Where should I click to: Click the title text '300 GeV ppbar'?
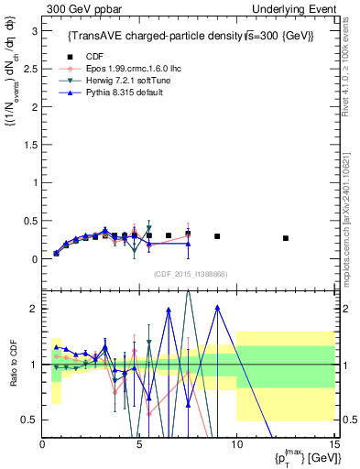coord(77,8)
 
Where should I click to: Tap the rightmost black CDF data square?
coord(286,238)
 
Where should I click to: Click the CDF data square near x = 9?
coord(217,236)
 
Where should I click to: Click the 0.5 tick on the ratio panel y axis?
coord(31,420)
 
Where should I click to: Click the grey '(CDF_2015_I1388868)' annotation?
coord(191,274)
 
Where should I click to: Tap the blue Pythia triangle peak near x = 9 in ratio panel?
coord(217,307)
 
